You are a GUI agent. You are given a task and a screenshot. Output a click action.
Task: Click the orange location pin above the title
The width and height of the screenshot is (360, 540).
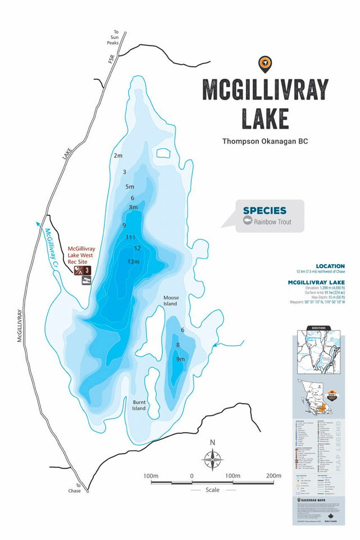coord(263,64)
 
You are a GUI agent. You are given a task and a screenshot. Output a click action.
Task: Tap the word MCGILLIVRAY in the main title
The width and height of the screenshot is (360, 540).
coord(265,90)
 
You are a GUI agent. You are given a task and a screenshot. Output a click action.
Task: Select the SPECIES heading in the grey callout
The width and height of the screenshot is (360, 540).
coord(264,211)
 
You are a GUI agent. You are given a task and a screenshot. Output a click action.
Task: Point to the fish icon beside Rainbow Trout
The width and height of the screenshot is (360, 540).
coord(247,222)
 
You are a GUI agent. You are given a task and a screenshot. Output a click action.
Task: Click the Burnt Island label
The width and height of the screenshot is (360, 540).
coord(139,405)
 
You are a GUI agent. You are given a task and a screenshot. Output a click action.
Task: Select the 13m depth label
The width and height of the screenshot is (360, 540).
coord(133,262)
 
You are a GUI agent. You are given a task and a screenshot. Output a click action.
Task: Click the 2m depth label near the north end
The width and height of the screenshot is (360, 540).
coord(118,155)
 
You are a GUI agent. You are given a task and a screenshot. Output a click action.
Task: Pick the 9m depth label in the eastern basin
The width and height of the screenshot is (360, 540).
coord(180,359)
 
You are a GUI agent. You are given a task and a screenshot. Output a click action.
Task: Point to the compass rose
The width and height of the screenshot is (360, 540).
coord(212,460)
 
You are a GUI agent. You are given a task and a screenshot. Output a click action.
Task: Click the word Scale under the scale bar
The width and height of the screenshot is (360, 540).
coord(212,490)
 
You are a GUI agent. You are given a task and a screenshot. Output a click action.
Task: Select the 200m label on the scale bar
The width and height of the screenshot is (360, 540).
coord(273,476)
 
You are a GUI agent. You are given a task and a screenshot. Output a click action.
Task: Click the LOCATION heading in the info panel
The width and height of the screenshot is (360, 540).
coord(330,266)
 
